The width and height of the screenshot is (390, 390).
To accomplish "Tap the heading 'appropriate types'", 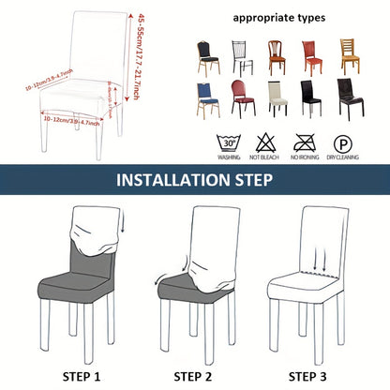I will point(279,17).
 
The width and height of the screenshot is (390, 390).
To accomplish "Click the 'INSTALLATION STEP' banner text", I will point(194,180).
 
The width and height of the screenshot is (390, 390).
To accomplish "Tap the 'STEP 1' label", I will point(81,376).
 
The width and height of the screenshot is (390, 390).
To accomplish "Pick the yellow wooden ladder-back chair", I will point(351,57).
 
